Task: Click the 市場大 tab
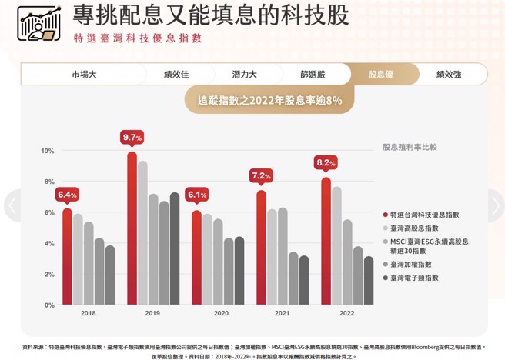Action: (84, 75)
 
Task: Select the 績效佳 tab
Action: (176, 75)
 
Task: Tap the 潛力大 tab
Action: (244, 75)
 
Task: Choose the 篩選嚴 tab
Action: (313, 75)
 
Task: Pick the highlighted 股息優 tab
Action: (380, 75)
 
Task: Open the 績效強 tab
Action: (448, 75)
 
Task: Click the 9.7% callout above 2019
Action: (132, 138)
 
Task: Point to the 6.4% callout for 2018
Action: (68, 195)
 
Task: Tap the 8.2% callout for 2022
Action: (326, 163)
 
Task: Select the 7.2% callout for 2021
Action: (262, 176)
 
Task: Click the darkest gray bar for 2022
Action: (369, 281)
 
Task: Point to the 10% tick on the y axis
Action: (48, 151)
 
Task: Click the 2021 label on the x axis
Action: (283, 314)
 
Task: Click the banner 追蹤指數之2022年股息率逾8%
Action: (269, 100)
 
